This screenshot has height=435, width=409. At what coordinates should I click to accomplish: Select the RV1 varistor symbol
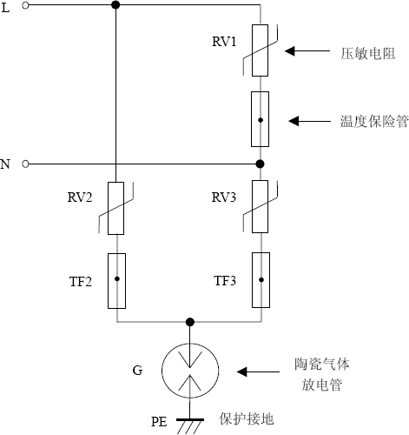[x=259, y=51]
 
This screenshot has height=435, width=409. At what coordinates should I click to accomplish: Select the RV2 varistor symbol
[x=116, y=208]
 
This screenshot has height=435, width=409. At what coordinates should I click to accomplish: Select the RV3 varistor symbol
[x=259, y=208]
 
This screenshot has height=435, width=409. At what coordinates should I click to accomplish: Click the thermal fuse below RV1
[x=259, y=118]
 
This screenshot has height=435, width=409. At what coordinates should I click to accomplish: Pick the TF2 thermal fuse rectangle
[x=116, y=280]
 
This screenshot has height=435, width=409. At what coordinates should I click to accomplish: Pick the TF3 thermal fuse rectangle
[x=259, y=280]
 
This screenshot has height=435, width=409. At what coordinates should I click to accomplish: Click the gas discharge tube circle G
[x=188, y=371]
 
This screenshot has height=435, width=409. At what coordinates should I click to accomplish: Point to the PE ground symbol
[x=188, y=423]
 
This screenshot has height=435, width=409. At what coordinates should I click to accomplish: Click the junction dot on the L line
[x=116, y=5]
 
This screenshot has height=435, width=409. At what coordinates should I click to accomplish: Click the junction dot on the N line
[x=259, y=164]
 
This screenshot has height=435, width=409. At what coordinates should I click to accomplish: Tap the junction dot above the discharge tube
[x=188, y=322]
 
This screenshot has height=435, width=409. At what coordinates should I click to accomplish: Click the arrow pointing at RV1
[x=305, y=52]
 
